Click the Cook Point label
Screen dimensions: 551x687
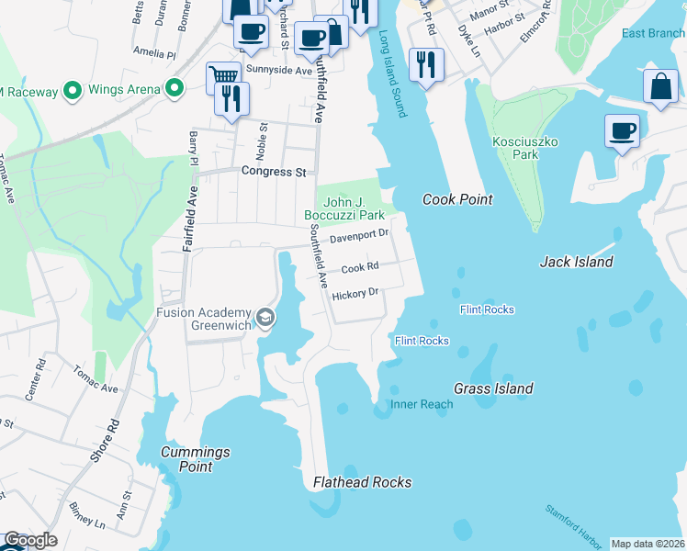tap(457, 199)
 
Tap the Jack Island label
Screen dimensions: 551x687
tap(576, 262)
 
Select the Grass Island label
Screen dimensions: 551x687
tap(493, 388)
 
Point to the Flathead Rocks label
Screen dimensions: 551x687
tap(362, 482)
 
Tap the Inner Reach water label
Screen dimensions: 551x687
tap(422, 404)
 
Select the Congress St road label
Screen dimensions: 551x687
tap(273, 172)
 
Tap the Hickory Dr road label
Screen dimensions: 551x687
tap(355, 294)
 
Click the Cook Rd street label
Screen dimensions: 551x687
tap(360, 268)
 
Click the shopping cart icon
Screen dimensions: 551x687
tap(222, 76)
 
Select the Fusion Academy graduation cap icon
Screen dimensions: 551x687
tap(265, 318)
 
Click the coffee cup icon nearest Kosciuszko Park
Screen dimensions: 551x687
tap(622, 129)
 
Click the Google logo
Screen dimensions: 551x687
tap(30, 540)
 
